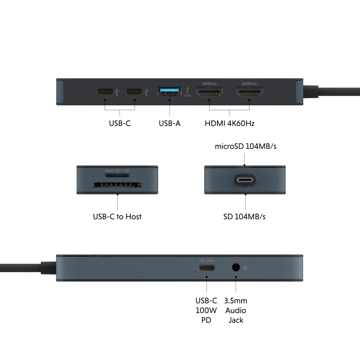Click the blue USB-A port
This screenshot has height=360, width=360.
pyautogui.click(x=169, y=91)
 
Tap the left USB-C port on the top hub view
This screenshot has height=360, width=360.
pyautogui.click(x=105, y=92)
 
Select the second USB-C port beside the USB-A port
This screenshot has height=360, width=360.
pyautogui.click(x=134, y=92)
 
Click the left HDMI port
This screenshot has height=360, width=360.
pyautogui.click(x=209, y=92)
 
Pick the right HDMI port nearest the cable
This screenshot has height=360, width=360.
pyautogui.click(x=250, y=92)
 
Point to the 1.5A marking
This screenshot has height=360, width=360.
pyautogui.click(x=187, y=95)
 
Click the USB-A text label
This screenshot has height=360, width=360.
pyautogui.click(x=170, y=123)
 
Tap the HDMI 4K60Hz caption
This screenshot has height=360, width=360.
pyautogui.click(x=230, y=123)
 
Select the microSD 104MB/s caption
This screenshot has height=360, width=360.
pyautogui.click(x=245, y=146)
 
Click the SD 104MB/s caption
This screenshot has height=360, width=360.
pyautogui.click(x=244, y=217)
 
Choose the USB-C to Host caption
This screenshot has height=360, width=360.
pyautogui.click(x=117, y=217)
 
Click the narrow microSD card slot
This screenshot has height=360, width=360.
pyautogui.click(x=117, y=176)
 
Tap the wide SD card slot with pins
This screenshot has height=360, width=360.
pyautogui.click(x=117, y=185)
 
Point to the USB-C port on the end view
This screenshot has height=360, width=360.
pyautogui.click(x=245, y=180)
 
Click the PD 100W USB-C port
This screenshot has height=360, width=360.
pyautogui.click(x=207, y=268)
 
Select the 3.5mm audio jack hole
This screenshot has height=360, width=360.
pyautogui.click(x=236, y=268)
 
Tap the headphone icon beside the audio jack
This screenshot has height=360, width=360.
pyautogui.click(x=245, y=268)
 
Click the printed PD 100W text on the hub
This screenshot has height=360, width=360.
pyautogui.click(x=207, y=261)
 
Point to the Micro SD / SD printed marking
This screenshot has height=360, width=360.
pyautogui.click(x=117, y=171)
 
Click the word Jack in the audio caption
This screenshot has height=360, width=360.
pyautogui.click(x=236, y=320)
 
